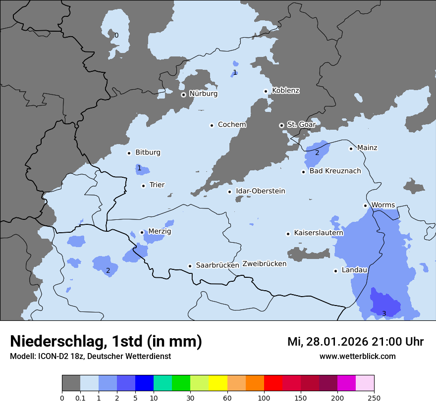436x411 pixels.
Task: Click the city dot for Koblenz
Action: point(266,91)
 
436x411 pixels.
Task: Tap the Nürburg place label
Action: point(203,94)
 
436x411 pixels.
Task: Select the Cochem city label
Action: point(232,125)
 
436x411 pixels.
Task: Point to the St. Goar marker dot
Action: point(281,125)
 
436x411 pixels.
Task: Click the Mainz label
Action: point(367,148)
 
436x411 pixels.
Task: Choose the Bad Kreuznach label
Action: point(335,171)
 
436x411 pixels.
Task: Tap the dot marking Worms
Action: point(365,205)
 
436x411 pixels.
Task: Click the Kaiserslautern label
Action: point(319,233)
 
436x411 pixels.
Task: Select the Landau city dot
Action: point(335,271)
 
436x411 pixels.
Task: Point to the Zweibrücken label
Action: point(264,264)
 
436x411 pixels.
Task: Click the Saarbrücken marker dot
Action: point(190,266)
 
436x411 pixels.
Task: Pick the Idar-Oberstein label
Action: point(261,191)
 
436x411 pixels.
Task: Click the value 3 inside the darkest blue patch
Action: point(383,313)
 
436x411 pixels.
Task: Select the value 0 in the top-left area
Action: point(116,35)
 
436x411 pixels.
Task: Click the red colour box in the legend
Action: point(273,383)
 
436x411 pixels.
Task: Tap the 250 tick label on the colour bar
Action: point(374,398)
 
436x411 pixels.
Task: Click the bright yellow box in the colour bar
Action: point(218,383)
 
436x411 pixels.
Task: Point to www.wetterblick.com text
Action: point(357,356)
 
